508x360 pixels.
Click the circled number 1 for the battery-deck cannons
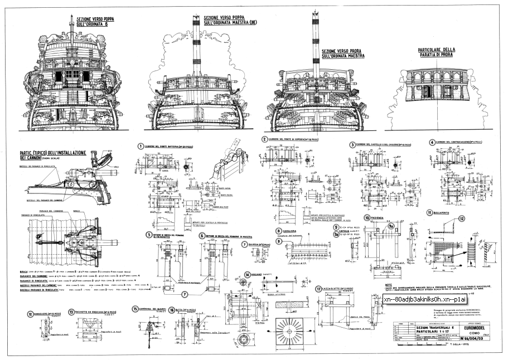point(141,146)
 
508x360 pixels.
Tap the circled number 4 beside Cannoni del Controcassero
point(432,142)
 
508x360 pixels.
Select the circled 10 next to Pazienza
point(366,217)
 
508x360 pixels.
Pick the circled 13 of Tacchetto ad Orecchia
point(71,312)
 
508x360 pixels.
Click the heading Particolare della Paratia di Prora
point(437,52)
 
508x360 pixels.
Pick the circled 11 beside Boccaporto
point(429,212)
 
